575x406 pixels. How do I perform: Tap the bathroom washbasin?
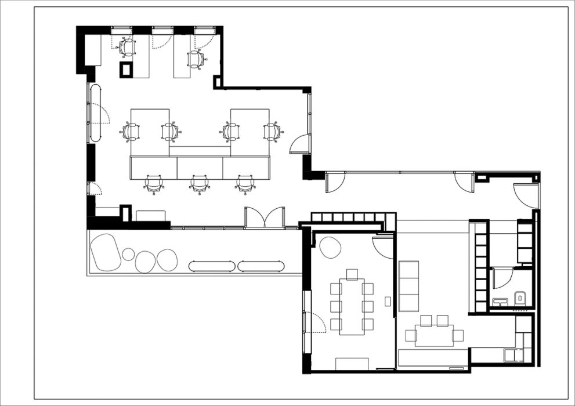[x=500, y=301]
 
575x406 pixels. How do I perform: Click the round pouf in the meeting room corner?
[x=329, y=248]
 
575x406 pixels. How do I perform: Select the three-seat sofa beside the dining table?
[x=408, y=285]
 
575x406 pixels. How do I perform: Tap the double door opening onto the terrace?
[x=265, y=217]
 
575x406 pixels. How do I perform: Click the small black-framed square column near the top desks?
[x=126, y=70]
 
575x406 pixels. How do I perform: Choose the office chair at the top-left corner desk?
[x=127, y=47]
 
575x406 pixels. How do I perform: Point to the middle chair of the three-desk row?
[x=199, y=184]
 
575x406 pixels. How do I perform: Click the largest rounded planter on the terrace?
[x=105, y=252]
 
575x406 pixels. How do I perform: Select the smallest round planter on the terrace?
[x=128, y=254]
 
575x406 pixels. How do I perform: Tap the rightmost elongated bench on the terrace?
[x=261, y=266]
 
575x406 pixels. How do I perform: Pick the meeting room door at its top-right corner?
[x=383, y=246]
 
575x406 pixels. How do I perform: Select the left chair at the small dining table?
[x=411, y=335]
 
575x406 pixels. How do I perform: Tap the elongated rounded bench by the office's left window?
[x=95, y=113]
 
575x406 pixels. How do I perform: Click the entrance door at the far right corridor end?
[x=526, y=195]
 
